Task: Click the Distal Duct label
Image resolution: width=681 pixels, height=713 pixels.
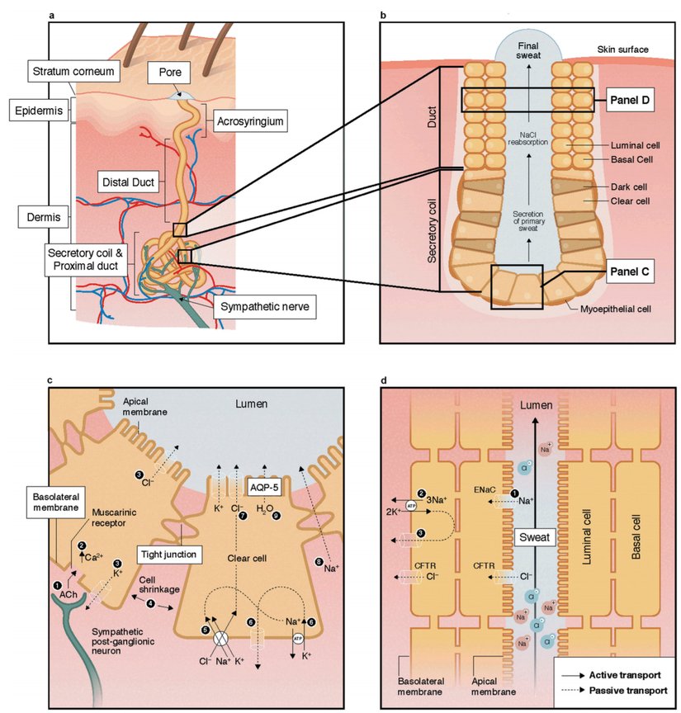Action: (130, 180)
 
